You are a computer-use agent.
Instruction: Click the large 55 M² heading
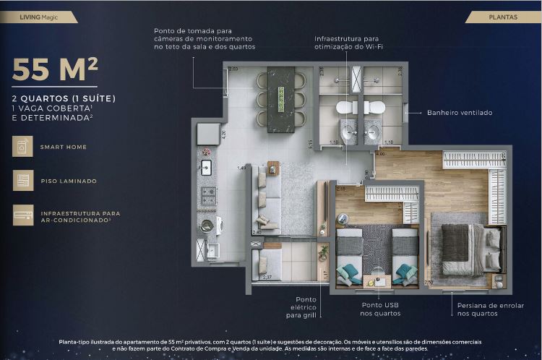click(55, 71)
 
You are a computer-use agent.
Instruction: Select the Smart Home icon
click(22, 147)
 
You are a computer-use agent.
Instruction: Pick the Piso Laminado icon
click(22, 181)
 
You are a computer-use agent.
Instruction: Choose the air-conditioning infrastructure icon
click(22, 215)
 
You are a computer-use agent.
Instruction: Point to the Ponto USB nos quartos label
click(381, 309)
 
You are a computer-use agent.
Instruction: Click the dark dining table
click(281, 99)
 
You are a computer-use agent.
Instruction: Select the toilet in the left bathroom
click(345, 108)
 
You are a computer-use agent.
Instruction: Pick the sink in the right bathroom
click(374, 132)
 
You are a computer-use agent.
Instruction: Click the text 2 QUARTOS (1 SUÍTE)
click(64, 98)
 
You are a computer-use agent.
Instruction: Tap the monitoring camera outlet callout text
click(205, 39)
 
